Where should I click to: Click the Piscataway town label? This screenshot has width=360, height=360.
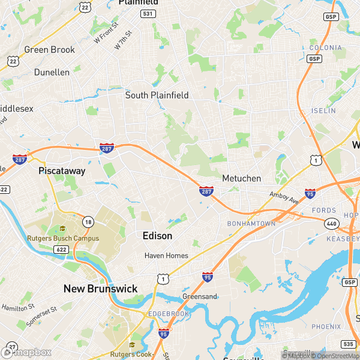(x=62, y=170)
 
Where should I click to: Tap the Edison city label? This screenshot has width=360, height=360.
(x=157, y=236)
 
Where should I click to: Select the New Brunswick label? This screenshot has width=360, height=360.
(x=100, y=289)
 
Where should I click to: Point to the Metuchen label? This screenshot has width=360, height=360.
(x=241, y=178)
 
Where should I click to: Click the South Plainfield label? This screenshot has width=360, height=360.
(x=157, y=95)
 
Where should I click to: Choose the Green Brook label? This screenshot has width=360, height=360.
(x=49, y=49)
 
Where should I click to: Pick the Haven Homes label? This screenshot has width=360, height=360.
(x=166, y=256)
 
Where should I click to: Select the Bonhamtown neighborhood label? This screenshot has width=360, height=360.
(x=251, y=223)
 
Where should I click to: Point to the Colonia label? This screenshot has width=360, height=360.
(x=326, y=47)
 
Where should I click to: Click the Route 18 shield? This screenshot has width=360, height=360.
(x=88, y=222)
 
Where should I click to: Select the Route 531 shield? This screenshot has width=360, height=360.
(x=148, y=13)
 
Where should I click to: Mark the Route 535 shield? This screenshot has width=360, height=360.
(x=348, y=344)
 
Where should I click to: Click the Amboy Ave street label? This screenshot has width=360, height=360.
(x=283, y=198)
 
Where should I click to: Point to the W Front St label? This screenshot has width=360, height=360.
(x=105, y=36)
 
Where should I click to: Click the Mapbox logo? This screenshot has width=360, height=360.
(x=28, y=352)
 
